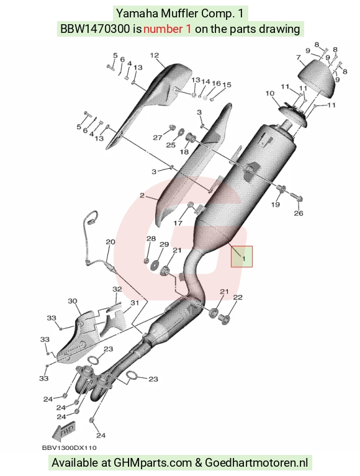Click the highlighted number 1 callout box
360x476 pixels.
pos(241,256)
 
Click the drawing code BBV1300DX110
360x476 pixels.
pos(69,448)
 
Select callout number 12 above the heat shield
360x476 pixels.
pos(155,55)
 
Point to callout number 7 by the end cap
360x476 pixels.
pos(299,57)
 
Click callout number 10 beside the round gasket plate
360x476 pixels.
pos(270,94)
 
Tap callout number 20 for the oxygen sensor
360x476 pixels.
pos(110,242)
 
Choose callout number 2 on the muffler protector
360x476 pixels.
pos(142,195)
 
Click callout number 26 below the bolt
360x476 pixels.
pos(299,213)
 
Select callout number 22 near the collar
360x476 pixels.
pos(238,297)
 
